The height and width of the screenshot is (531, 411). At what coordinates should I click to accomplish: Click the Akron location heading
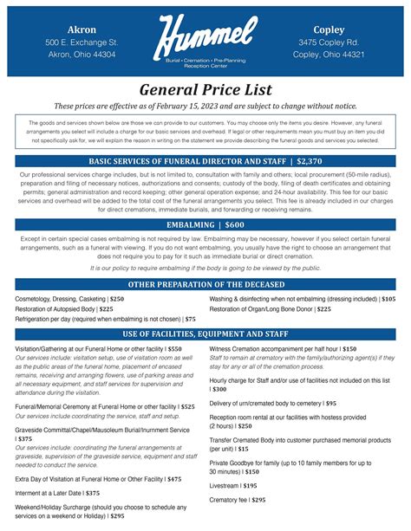pos(82,29)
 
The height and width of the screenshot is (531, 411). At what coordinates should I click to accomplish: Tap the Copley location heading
pos(329,29)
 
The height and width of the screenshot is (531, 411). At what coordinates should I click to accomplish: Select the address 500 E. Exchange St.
pos(82,42)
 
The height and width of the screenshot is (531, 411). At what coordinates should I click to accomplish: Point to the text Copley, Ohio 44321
pos(329,54)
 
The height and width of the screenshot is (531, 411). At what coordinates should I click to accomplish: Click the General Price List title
pos(205,90)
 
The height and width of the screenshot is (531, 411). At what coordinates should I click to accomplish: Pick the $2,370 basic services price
pos(308,161)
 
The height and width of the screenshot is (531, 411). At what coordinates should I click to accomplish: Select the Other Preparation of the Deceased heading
pos(205,284)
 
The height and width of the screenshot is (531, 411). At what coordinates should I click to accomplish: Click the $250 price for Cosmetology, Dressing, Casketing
pos(116,298)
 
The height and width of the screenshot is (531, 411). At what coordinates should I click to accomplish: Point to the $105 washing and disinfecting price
pos(388,298)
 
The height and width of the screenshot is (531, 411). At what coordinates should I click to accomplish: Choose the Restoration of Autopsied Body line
pos(64,308)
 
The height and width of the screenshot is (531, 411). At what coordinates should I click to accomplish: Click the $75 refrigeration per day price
pos(190,319)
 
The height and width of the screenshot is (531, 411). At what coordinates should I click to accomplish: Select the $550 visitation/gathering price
pos(174,348)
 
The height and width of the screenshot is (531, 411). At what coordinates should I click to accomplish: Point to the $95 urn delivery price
pos(331,403)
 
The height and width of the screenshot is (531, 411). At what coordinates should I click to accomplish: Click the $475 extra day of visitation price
pos(174,478)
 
